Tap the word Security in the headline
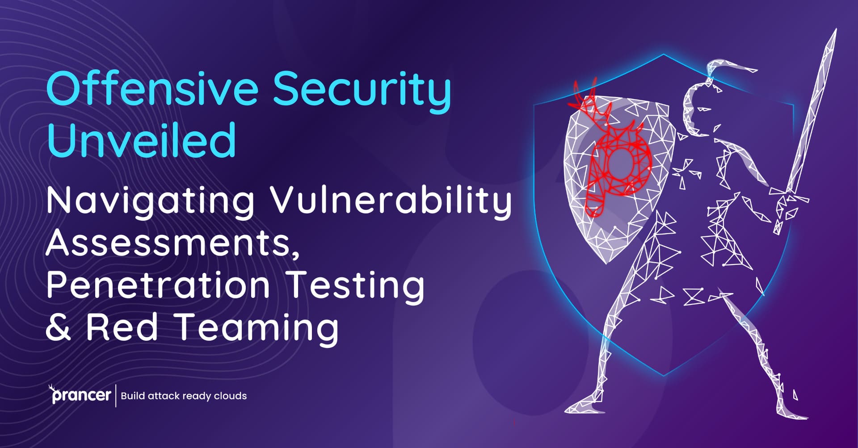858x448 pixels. click(362, 89)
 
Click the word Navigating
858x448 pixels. click(150, 201)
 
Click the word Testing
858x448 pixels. click(355, 286)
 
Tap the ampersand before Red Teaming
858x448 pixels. click(58, 327)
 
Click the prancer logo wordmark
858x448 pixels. click(80, 395)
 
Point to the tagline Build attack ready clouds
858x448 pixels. click(184, 396)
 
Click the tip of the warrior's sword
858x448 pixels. click(834, 32)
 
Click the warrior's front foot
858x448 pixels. click(581, 406)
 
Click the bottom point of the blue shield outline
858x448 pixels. click(664, 374)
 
